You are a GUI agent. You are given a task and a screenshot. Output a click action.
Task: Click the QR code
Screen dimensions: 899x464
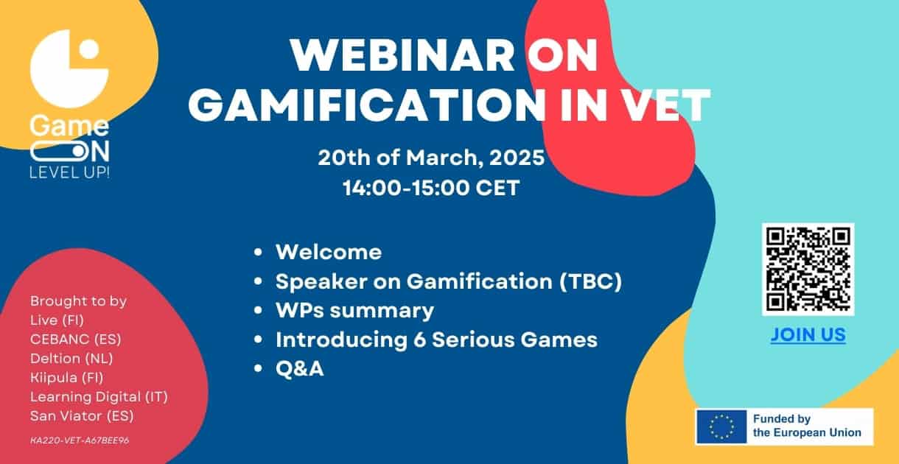808,269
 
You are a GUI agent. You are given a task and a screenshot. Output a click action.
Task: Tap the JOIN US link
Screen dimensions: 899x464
808,335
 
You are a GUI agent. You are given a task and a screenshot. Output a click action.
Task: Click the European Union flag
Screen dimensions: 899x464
721,426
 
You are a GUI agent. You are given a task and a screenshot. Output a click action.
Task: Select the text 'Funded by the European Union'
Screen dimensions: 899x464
807,426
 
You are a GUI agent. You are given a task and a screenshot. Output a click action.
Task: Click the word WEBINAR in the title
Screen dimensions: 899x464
402,56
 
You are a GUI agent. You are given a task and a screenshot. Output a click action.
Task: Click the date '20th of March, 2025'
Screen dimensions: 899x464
431,157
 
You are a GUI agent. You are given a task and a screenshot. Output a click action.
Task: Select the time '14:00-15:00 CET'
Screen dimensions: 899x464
431,188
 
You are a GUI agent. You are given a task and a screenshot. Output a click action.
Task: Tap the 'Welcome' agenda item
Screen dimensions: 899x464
329,252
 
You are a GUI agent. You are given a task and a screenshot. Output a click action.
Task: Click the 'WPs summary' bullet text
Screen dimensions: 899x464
354,311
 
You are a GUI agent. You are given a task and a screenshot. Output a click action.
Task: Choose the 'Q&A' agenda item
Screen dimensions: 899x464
300,368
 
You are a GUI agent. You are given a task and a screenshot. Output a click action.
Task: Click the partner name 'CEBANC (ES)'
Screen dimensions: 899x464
75,340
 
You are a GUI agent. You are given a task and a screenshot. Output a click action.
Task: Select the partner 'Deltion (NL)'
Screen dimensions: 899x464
71,358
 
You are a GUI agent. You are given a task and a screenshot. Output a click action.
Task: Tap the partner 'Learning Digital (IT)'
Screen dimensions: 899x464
99,397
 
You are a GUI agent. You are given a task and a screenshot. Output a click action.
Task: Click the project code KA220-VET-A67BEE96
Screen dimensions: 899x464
80,440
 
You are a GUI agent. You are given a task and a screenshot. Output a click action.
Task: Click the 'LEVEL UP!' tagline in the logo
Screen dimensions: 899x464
69,172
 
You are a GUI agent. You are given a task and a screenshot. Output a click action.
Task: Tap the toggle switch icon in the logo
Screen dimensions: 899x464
59,152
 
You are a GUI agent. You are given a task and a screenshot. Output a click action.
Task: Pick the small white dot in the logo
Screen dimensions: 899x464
89,49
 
